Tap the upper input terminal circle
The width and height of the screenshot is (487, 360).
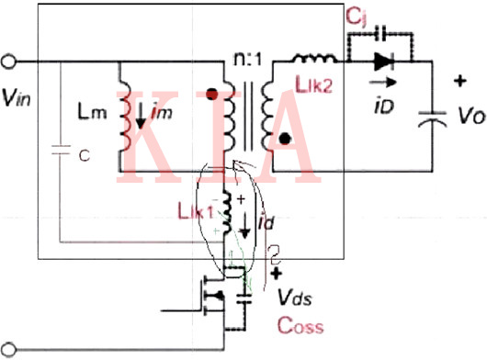[10, 62]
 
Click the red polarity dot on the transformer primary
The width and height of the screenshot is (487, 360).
[214, 94]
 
